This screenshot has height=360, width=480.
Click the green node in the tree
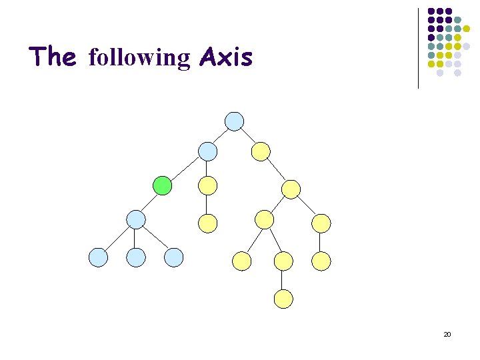click(162, 185)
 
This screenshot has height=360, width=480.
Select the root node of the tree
click(234, 121)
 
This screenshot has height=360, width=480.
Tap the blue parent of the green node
click(208, 151)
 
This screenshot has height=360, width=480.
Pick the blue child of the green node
click(136, 219)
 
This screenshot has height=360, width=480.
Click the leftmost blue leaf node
click(98, 257)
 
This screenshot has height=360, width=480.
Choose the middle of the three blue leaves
click(136, 257)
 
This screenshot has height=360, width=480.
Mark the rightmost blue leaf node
click(174, 257)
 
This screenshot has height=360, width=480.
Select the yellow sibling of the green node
click(208, 185)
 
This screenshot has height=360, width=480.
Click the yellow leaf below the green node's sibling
click(208, 223)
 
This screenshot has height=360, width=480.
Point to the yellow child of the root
click(261, 151)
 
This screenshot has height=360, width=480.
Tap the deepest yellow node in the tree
click(283, 299)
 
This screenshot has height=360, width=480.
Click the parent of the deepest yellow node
click(283, 261)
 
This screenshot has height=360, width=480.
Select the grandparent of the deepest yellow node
click(265, 219)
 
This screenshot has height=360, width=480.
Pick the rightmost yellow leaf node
click(321, 261)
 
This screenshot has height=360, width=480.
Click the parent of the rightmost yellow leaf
click(321, 223)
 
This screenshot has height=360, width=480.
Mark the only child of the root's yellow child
click(291, 189)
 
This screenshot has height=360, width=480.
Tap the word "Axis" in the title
click(226, 57)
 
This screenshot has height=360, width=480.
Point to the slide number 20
click(447, 333)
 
